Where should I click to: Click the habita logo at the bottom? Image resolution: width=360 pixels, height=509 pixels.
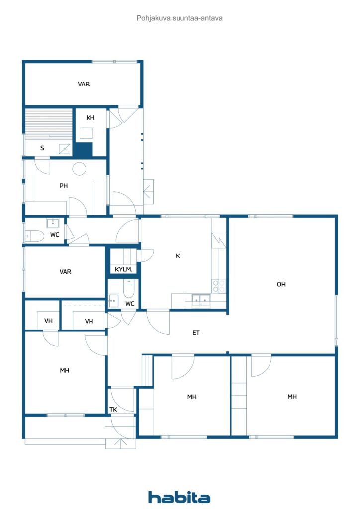tap(179, 497)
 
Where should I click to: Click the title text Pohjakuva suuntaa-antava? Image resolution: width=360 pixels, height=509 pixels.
tap(180, 18)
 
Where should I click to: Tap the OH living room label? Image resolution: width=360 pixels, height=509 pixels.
tap(281, 284)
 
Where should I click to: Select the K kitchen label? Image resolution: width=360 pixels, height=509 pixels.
tap(178, 256)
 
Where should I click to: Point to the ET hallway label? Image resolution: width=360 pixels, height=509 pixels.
tap(196, 333)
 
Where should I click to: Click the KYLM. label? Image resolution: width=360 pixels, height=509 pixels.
tap(124, 269)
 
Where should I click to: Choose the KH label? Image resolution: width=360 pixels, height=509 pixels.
tap(90, 118)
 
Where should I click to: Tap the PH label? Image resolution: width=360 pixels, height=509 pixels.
tap(63, 186)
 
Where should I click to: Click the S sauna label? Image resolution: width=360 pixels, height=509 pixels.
tap(42, 148)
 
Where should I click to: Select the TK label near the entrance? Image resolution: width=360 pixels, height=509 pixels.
tap(113, 410)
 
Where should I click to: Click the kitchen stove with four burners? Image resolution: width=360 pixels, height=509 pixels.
tap(218, 286)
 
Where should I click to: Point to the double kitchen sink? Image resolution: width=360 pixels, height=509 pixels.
tap(201, 300)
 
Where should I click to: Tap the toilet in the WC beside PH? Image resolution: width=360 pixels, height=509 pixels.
tap(34, 236)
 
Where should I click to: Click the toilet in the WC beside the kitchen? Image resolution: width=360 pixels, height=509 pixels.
tap(129, 289)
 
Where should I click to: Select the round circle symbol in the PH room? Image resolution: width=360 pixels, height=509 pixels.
tap(79, 169)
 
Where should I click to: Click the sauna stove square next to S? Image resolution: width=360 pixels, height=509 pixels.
tap(65, 149)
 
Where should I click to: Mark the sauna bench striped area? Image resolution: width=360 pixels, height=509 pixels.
tap(49, 122)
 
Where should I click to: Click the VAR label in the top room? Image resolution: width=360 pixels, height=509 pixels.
tap(84, 84)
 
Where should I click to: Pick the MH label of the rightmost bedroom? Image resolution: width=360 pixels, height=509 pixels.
tap(292, 396)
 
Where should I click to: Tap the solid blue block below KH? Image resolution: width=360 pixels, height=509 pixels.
tap(84, 150)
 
